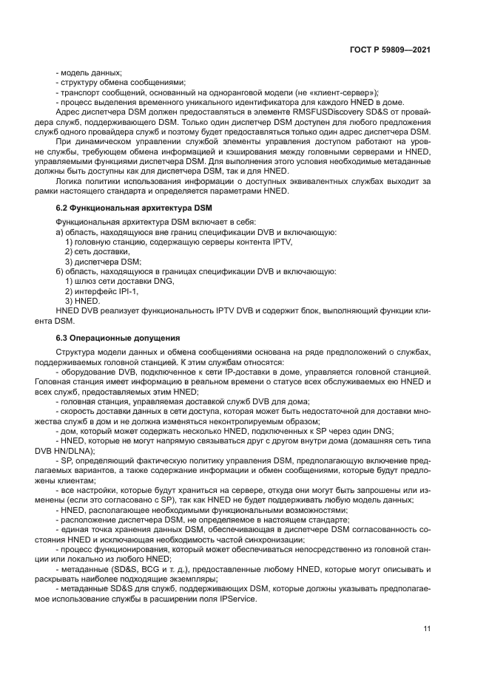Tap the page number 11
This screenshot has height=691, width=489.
click(427, 629)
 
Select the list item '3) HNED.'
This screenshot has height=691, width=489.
click(82, 301)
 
